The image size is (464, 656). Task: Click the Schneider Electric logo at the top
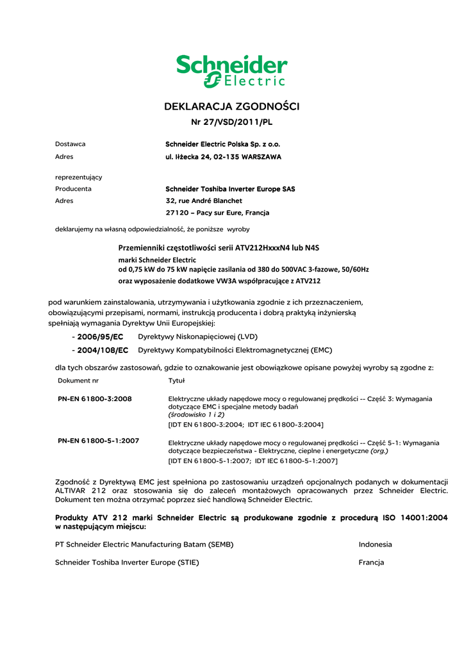[x=231, y=71]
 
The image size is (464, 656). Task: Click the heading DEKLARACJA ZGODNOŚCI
[x=232, y=106]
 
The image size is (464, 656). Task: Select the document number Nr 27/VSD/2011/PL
[x=232, y=122]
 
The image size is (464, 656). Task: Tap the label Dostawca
[x=70, y=144]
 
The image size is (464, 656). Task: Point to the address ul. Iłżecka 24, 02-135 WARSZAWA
[x=223, y=156]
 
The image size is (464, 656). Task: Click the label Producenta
[x=73, y=189]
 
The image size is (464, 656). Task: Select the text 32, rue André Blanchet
[x=204, y=201]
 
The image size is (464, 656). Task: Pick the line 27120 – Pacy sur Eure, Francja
[x=217, y=213]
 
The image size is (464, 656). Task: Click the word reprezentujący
[x=79, y=177]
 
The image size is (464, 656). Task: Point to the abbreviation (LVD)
[x=250, y=336]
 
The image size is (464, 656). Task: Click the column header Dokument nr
[x=78, y=381]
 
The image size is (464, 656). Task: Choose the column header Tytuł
[x=176, y=381]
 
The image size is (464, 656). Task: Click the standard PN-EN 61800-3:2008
[x=95, y=398]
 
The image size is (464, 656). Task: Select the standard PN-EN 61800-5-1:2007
[x=99, y=441]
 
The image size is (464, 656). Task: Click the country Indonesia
[x=375, y=545]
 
